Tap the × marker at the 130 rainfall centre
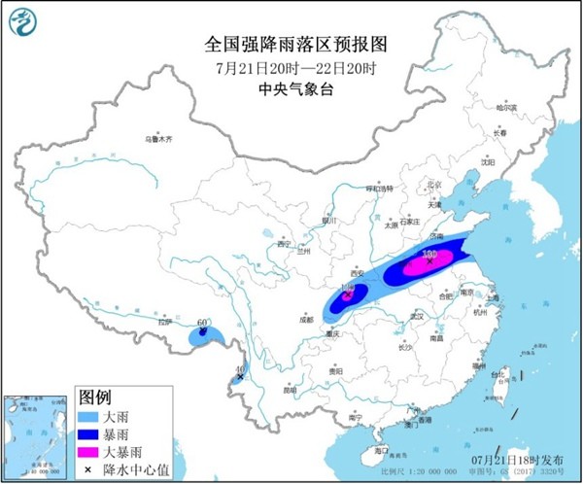(429, 260)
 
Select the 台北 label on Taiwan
(501, 373)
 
